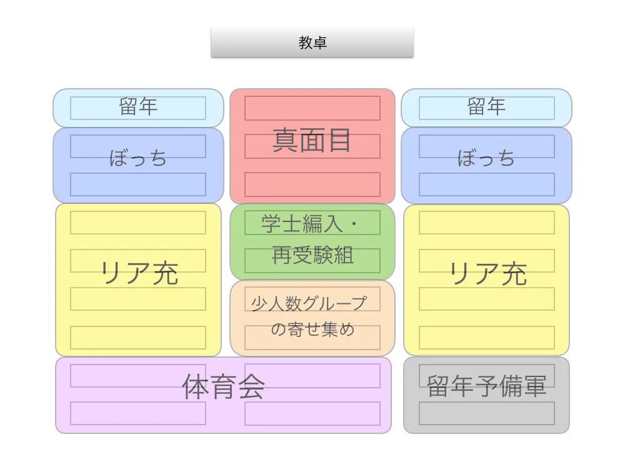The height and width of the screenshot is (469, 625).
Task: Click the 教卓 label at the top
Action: click(x=312, y=43)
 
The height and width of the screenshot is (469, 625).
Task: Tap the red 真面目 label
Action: click(x=312, y=141)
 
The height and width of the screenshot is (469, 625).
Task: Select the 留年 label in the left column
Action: click(x=138, y=107)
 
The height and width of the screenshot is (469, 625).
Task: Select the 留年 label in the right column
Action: click(x=486, y=107)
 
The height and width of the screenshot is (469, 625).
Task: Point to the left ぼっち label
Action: click(x=138, y=158)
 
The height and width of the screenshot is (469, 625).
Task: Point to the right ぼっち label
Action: click(x=486, y=158)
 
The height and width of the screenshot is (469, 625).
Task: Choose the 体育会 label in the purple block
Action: click(x=223, y=387)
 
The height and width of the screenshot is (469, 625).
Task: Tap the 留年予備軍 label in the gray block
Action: click(x=486, y=386)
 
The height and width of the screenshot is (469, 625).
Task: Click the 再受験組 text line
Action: click(x=312, y=255)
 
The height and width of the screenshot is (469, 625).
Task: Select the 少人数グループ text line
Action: click(x=309, y=303)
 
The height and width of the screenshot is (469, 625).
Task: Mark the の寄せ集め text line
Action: click(x=312, y=330)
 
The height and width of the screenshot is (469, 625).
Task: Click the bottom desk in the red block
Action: click(x=312, y=184)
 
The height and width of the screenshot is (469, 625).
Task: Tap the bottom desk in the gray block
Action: click(x=486, y=413)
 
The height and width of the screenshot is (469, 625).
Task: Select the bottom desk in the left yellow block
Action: click(x=138, y=338)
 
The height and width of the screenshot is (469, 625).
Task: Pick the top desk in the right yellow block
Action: click(x=486, y=223)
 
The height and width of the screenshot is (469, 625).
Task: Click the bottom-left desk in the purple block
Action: click(x=138, y=413)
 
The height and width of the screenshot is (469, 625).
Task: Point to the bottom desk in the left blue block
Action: click(x=138, y=184)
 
